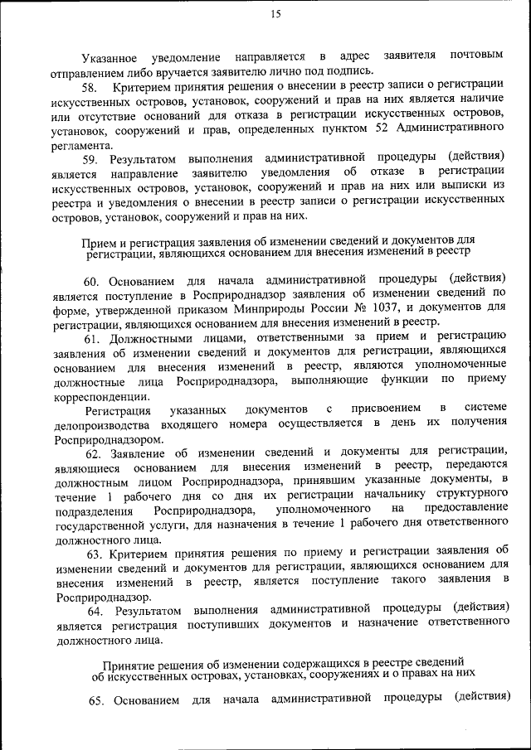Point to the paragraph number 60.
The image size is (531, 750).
[x=92, y=278]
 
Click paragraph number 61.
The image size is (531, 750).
[x=92, y=336]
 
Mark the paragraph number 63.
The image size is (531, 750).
[x=92, y=549]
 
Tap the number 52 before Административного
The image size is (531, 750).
[x=380, y=129]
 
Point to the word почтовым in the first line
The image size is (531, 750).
[x=476, y=56]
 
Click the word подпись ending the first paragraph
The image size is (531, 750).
[x=350, y=71]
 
